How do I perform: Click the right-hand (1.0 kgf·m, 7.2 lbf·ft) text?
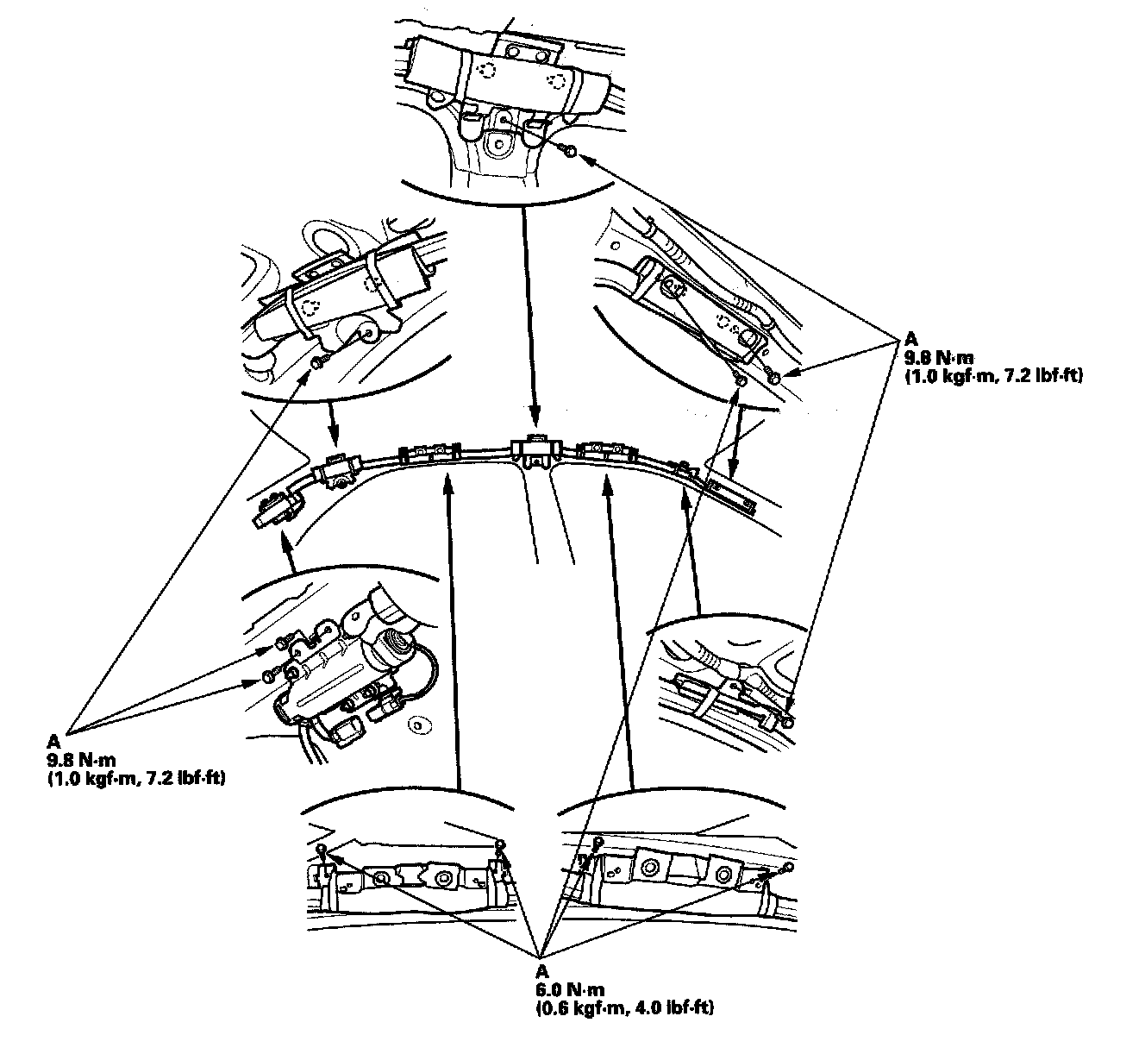click(x=992, y=376)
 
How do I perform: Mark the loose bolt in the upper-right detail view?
click(x=774, y=377)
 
